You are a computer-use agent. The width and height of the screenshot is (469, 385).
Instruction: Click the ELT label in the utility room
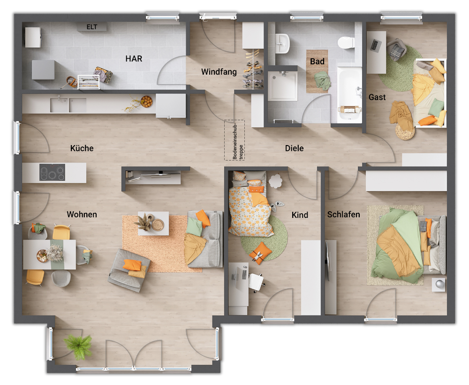(91, 27)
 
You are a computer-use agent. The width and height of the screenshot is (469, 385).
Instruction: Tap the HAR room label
(134, 59)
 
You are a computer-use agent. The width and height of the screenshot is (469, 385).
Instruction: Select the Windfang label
(219, 72)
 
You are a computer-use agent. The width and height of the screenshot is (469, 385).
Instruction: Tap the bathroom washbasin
(282, 44)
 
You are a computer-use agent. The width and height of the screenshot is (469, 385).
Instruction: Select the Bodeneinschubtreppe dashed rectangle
(234, 140)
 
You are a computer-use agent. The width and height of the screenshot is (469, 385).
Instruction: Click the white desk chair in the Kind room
(256, 281)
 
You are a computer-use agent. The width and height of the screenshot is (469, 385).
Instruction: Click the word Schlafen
(344, 215)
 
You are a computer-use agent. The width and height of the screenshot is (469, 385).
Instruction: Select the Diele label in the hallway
(294, 148)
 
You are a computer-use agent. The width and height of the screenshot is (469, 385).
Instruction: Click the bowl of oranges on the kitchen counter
(146, 100)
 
